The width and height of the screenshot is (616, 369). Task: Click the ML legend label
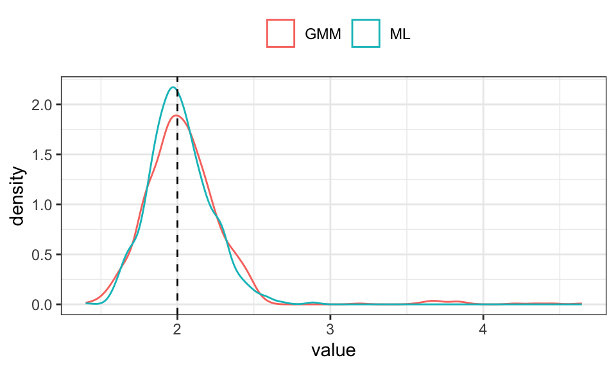(400, 35)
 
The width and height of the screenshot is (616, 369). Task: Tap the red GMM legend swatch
(281, 34)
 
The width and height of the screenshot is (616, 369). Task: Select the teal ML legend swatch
(366, 34)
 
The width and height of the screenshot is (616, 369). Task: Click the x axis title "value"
(333, 350)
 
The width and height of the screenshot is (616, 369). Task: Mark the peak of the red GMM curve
(176, 115)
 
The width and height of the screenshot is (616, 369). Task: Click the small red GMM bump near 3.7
(434, 300)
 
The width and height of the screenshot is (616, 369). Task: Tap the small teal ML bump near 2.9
(313, 302)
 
